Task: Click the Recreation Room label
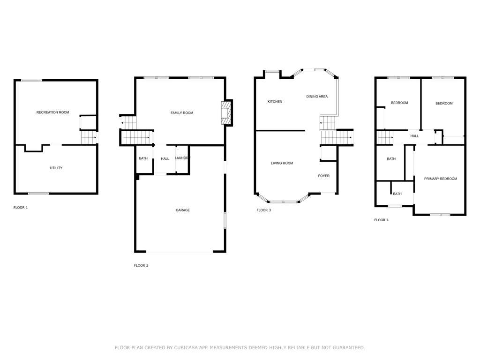[x=52, y=112]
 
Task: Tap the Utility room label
[x=56, y=168]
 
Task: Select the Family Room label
[x=182, y=112]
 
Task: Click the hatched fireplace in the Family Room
[x=225, y=113]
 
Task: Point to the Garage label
[x=183, y=210]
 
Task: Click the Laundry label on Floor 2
[x=182, y=158]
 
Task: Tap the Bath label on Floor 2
[x=143, y=158]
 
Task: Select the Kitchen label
[x=275, y=101]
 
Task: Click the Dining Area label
[x=317, y=97]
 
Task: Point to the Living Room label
[x=282, y=163]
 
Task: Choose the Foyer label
[x=323, y=176]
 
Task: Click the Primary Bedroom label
[x=441, y=179]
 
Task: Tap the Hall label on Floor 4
[x=414, y=136]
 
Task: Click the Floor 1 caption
[x=21, y=208]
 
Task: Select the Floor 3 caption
[x=263, y=210]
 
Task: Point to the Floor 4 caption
[x=381, y=220]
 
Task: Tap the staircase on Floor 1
[x=89, y=138]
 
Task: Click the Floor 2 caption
[x=141, y=265]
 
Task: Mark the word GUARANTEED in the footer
[x=349, y=347]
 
